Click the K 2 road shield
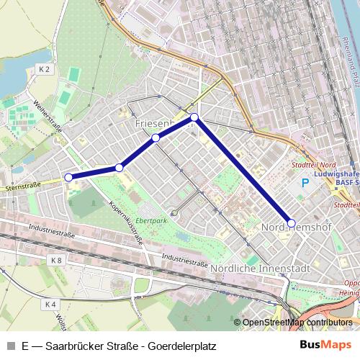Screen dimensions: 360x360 tap(45, 69)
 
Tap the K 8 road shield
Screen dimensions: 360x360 tap(57, 259)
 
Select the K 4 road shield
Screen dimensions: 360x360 tap(50, 305)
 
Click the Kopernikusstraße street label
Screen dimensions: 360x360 tap(118, 215)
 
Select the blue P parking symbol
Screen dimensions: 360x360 tap(305, 184)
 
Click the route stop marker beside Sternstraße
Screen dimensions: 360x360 tap(68, 176)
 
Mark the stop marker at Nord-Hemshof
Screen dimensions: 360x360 tap(291, 222)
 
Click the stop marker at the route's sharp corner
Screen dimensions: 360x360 tap(194, 117)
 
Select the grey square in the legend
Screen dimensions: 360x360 tap(11, 345)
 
